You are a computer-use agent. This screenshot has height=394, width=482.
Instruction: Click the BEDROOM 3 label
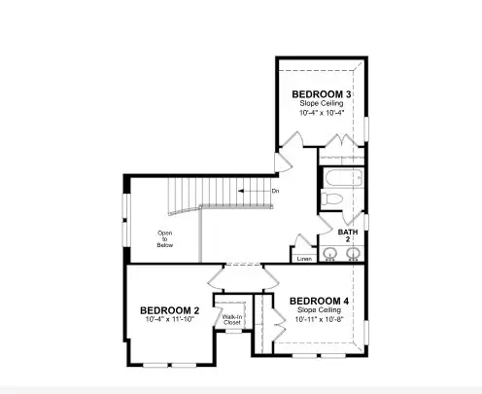[322, 93]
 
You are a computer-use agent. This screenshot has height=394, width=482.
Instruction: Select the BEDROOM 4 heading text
[320, 300]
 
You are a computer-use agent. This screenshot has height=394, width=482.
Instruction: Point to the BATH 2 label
[348, 236]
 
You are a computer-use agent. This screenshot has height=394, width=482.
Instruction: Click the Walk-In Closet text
[231, 319]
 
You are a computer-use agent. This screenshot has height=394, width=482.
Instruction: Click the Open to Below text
[164, 239]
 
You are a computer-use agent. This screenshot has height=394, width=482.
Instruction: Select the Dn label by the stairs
[276, 192]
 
